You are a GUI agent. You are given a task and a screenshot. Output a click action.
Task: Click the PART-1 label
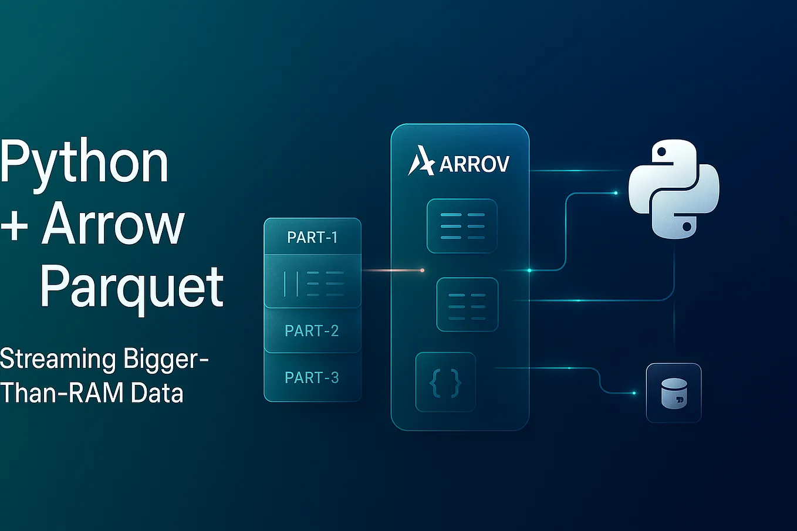point(312,237)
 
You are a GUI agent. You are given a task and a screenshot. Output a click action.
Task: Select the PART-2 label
point(312,331)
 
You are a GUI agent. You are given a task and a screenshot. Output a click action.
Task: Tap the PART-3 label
point(312,377)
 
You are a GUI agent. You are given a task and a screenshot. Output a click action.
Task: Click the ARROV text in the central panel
point(474,164)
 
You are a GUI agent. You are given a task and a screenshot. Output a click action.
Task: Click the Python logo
point(674,189)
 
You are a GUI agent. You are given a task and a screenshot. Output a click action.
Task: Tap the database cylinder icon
point(674,393)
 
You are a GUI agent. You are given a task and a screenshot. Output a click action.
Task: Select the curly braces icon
point(445,383)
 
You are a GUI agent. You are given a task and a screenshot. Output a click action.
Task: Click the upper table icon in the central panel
point(462,226)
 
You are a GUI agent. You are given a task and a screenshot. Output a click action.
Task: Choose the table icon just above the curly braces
point(467,305)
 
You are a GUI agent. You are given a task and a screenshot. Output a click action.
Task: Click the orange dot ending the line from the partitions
point(422,270)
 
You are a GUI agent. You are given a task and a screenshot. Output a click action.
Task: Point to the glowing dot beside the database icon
point(634,393)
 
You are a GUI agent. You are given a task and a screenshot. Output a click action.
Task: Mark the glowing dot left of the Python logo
point(616,192)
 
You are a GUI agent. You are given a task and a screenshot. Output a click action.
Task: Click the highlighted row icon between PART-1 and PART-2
point(312,283)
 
